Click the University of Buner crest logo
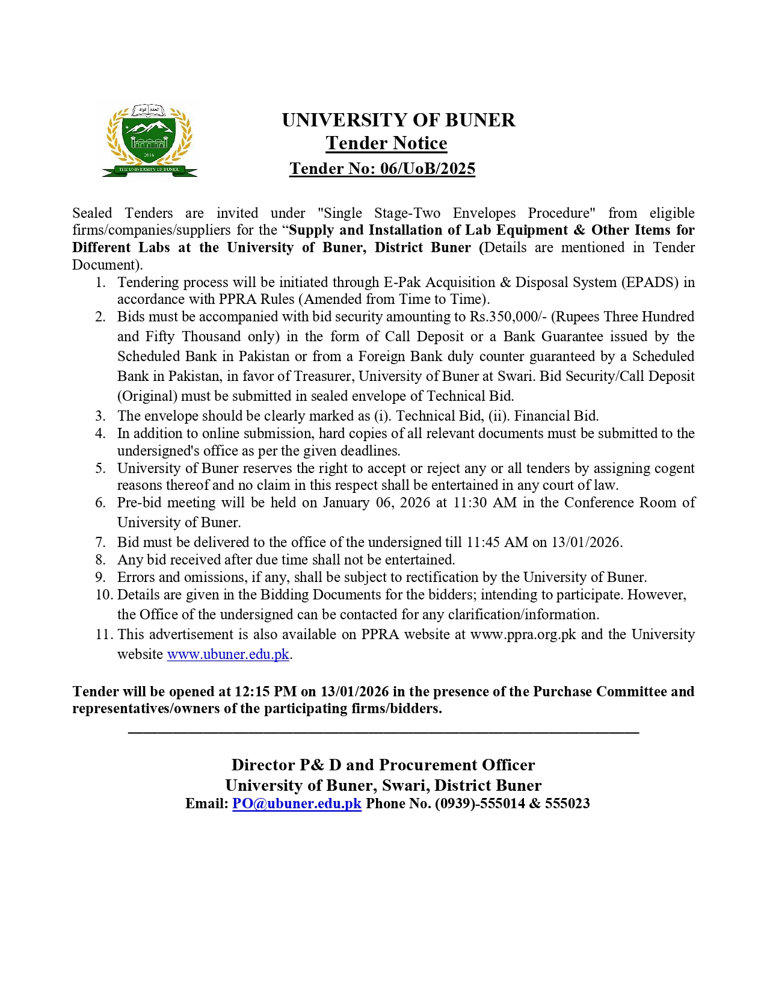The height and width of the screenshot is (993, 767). pos(149,141)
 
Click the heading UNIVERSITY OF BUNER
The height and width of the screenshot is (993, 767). pos(398,120)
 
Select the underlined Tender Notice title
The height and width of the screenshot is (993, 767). pos(386,143)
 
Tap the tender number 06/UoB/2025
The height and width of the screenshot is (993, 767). pos(428,169)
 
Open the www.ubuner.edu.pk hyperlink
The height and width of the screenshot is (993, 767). pos(228,655)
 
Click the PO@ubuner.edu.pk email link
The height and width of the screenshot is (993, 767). pos(297,804)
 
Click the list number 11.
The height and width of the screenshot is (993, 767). pos(103,635)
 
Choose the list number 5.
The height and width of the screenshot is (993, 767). pos(100,469)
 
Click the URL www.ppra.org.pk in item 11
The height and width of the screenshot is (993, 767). pos(523,635)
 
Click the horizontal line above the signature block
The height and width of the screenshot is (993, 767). pos(383,732)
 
